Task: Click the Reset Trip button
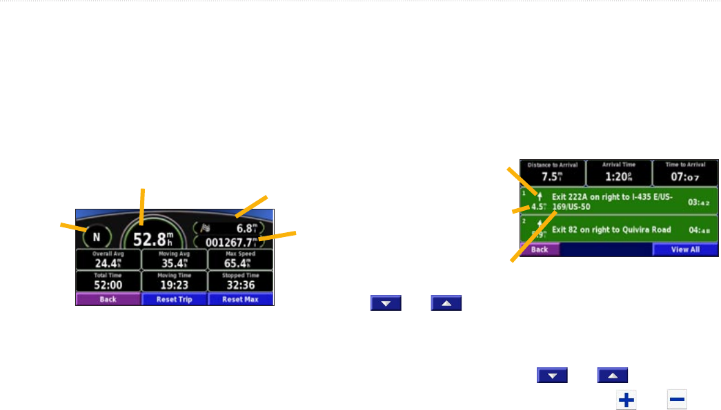click(x=174, y=300)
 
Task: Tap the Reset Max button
click(x=241, y=300)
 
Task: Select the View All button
click(x=685, y=249)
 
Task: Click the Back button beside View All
click(x=540, y=249)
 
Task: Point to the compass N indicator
click(x=97, y=237)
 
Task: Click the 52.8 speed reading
click(x=154, y=240)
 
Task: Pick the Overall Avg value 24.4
click(x=108, y=263)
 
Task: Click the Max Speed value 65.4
click(x=241, y=263)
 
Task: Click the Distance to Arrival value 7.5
click(x=552, y=174)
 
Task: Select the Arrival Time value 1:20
click(x=619, y=174)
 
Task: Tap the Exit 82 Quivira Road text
click(x=611, y=229)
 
